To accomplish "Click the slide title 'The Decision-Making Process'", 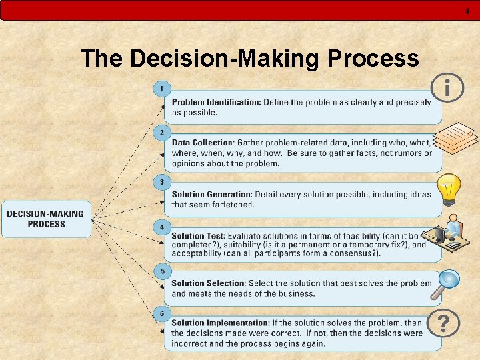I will point(249,59).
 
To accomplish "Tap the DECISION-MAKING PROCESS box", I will point(46,219).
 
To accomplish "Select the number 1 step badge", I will point(162,88).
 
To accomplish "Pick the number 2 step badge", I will point(162,132).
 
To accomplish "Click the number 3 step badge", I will point(162,181).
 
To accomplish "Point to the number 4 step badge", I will point(162,227).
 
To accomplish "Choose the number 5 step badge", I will point(162,271).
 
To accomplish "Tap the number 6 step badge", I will point(162,313).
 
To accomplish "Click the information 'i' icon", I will point(447,87).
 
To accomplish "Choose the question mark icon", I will point(443,325).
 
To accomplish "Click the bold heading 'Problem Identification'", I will point(216,102).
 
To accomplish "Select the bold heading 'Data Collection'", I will point(203,143).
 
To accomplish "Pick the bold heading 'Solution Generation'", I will point(212,195).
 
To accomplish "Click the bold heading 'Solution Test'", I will point(197,236).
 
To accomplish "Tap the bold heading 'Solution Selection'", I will point(207,283).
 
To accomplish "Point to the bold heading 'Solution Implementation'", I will point(220,323).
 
